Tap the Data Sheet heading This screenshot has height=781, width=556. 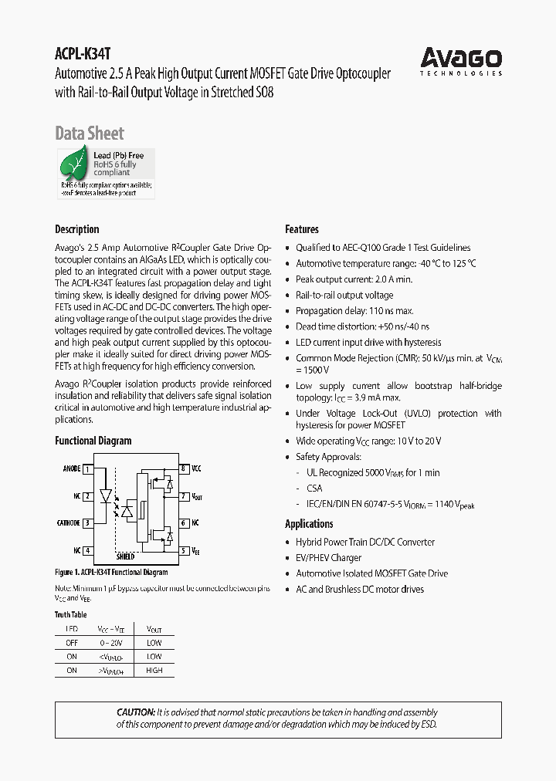coord(90,134)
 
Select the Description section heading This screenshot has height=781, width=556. coord(77,229)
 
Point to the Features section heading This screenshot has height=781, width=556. coord(302,229)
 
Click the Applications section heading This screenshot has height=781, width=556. coord(309,524)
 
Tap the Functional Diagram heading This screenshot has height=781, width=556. coord(93,441)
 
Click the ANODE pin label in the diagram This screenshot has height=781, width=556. coord(71,468)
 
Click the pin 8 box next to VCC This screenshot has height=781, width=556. coord(184,468)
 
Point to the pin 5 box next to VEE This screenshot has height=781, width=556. coord(184,550)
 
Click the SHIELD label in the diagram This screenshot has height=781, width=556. coord(126,556)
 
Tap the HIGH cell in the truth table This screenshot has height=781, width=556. coord(154,671)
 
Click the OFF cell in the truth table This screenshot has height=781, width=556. coord(72,643)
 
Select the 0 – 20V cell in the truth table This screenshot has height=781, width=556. coord(111,643)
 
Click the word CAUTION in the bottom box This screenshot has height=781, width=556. coord(135,712)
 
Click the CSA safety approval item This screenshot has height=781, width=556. coord(314,488)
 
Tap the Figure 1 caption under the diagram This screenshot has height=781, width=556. coord(111,573)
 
